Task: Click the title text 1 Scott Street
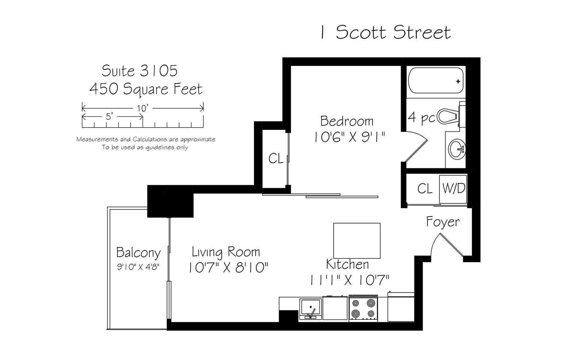(385, 33)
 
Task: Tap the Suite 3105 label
(140, 71)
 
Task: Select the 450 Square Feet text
(146, 89)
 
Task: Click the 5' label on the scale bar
(109, 116)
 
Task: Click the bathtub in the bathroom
(436, 81)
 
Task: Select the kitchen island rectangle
(357, 241)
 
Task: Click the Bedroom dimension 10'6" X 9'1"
(349, 138)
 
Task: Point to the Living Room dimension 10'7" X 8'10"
(228, 267)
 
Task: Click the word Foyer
(443, 222)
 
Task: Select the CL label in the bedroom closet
(276, 159)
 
